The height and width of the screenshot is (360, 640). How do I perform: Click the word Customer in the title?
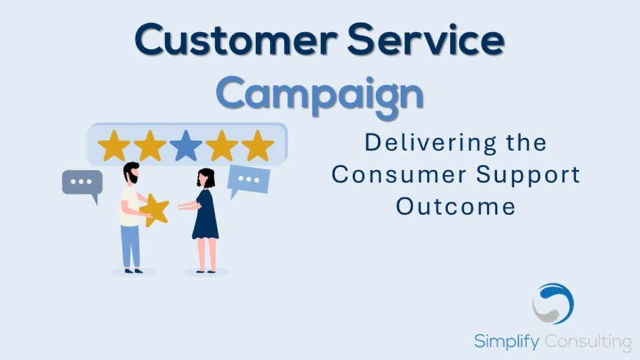(x=236, y=39)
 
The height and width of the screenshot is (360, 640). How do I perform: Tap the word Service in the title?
(x=426, y=39)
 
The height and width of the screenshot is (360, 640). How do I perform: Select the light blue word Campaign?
(x=319, y=96)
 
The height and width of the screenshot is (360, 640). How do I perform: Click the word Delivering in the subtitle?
(x=430, y=143)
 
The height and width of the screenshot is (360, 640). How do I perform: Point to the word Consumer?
(x=399, y=175)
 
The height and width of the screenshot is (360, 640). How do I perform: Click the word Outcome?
(x=455, y=206)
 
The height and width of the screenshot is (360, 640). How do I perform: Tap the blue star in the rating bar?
(x=186, y=146)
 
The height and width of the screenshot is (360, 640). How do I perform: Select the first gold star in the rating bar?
(x=114, y=146)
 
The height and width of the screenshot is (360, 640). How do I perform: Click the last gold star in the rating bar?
(x=257, y=146)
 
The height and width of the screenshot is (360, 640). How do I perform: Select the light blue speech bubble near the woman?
(x=248, y=181)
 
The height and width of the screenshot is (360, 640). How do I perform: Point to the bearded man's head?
(x=131, y=172)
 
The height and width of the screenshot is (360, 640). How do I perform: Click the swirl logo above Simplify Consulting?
(x=553, y=304)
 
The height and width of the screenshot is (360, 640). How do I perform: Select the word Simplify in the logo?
(x=506, y=342)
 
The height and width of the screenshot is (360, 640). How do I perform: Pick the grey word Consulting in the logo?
(x=588, y=342)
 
